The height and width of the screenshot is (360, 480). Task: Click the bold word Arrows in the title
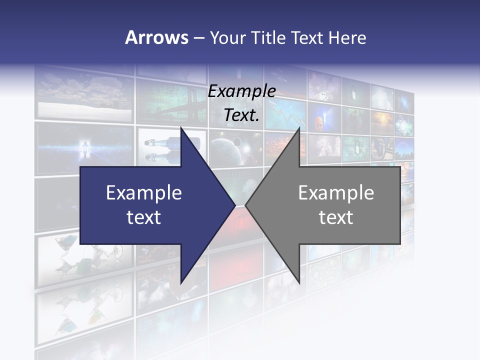pyautogui.click(x=156, y=37)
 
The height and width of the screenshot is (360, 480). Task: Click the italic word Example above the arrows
pyautogui.click(x=241, y=91)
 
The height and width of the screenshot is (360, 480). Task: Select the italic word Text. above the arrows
pyautogui.click(x=241, y=115)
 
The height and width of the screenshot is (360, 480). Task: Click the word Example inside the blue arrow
pyautogui.click(x=143, y=193)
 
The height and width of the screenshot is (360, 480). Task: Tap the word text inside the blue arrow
pyautogui.click(x=143, y=217)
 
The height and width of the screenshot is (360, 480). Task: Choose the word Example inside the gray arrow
pyautogui.click(x=336, y=193)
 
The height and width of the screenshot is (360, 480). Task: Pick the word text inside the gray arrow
pyautogui.click(x=336, y=217)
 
